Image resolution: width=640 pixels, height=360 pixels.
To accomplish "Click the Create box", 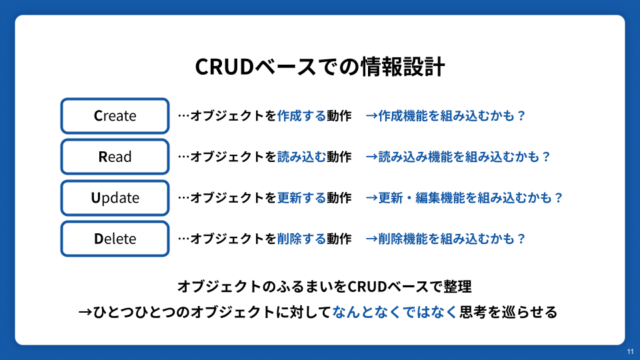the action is pos(115,116).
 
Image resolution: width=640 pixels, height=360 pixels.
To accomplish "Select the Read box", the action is pos(115,157).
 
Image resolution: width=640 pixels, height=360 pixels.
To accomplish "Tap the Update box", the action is pos(115,198).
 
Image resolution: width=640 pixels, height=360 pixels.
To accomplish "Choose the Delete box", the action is pos(115,239).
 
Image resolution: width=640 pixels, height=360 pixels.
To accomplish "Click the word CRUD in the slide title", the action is pos(225,67).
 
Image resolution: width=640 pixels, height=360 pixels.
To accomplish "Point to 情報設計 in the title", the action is pos(403,67).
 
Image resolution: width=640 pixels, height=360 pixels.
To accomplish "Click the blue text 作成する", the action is pos(301,116).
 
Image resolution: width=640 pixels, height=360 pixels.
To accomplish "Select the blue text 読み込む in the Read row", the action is pos(301,157).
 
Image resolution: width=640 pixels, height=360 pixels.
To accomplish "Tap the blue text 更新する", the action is pos(301,198).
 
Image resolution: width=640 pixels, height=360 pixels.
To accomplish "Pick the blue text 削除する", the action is pos(301,239).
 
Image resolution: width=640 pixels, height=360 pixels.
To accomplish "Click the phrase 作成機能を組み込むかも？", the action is pos(452,116).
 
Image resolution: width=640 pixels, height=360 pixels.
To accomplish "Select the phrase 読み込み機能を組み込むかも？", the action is pos(465,157).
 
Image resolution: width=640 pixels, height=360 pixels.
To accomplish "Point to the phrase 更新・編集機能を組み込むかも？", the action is pos(471,198).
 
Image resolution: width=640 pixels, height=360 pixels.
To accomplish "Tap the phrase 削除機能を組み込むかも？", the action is pos(452,239).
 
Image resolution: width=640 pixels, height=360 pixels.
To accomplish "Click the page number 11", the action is pos(631,352).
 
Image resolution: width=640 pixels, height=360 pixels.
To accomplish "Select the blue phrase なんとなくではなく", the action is pos(395,312).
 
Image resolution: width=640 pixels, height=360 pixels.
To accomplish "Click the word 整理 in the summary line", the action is pos(457,287).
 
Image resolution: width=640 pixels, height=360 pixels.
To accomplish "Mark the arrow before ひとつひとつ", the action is pos(85,312).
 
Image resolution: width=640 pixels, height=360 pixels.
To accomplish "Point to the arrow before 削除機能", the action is pos(371,239).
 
